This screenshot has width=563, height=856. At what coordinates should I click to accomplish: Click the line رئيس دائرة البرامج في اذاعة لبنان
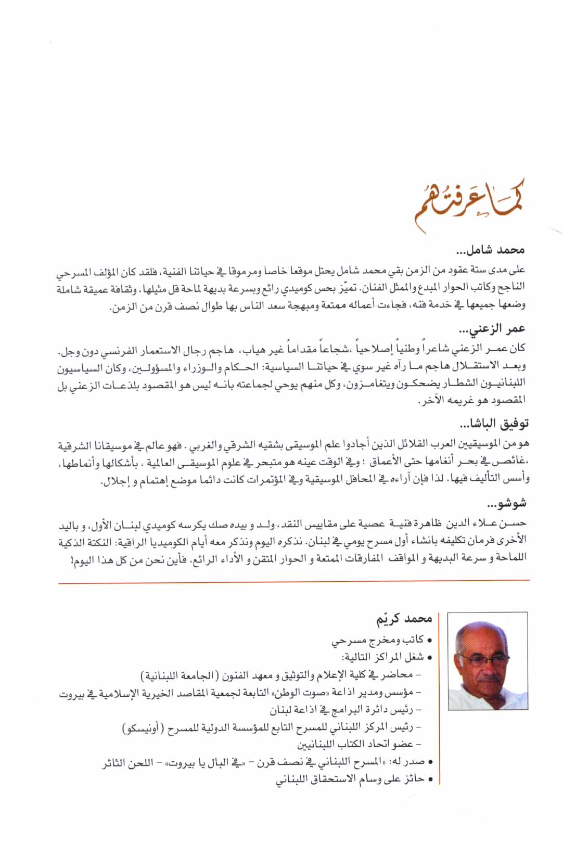(x=341, y=709)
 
